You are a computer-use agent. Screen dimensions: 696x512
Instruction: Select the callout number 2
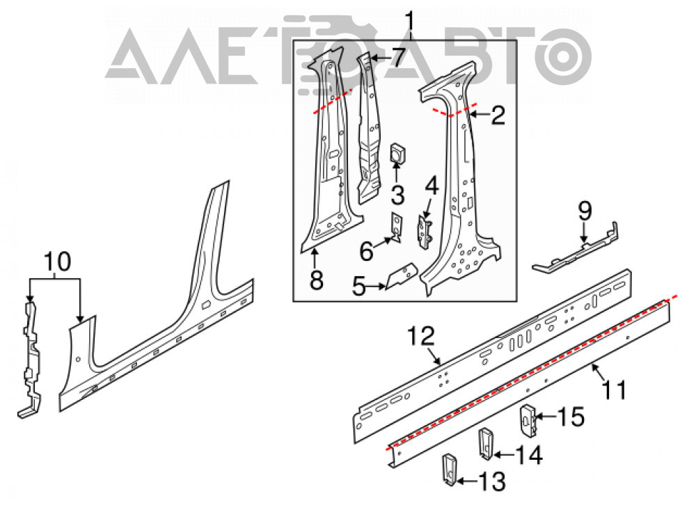pos(498,115)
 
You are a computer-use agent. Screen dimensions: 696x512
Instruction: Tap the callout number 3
pos(397,195)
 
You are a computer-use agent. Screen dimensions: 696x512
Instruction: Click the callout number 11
pos(614,390)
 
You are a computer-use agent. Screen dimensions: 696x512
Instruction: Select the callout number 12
pos(422,336)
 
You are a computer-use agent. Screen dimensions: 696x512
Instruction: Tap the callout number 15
pos(571,417)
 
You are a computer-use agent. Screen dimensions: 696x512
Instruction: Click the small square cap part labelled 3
pos(397,153)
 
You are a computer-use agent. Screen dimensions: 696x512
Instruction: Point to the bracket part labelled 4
pos(425,232)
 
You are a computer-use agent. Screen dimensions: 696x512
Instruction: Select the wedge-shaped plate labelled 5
pos(402,275)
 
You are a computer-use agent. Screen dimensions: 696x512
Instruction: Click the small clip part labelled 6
pos(397,227)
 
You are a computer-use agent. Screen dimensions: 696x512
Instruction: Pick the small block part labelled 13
pos(449,469)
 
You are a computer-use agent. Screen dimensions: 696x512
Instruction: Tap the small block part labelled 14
pos(486,443)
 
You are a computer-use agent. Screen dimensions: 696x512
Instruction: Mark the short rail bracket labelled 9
pos(576,247)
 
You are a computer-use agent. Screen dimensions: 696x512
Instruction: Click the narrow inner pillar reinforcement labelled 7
pos(370,128)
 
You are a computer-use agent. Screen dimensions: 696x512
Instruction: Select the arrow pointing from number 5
pos(376,287)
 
